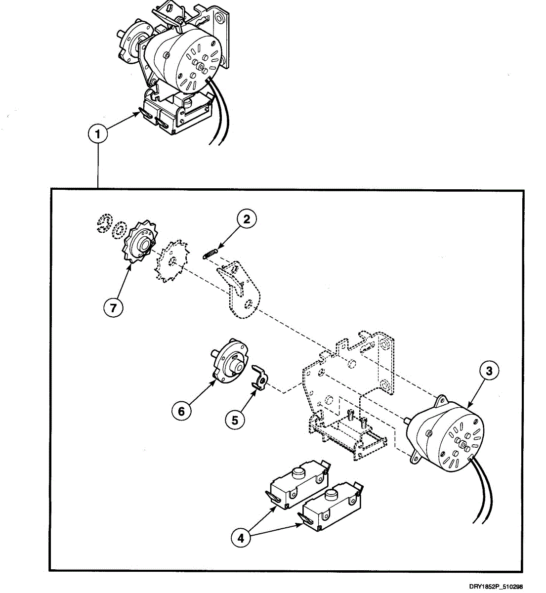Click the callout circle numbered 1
tap(99, 134)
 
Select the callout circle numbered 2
tap(247, 219)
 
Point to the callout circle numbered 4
tap(241, 538)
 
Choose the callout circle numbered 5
tap(235, 420)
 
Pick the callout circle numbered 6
tap(181, 410)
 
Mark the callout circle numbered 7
tap(113, 307)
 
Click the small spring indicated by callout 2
tap(210, 253)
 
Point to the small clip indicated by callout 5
tap(260, 378)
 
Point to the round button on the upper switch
tap(297, 472)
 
